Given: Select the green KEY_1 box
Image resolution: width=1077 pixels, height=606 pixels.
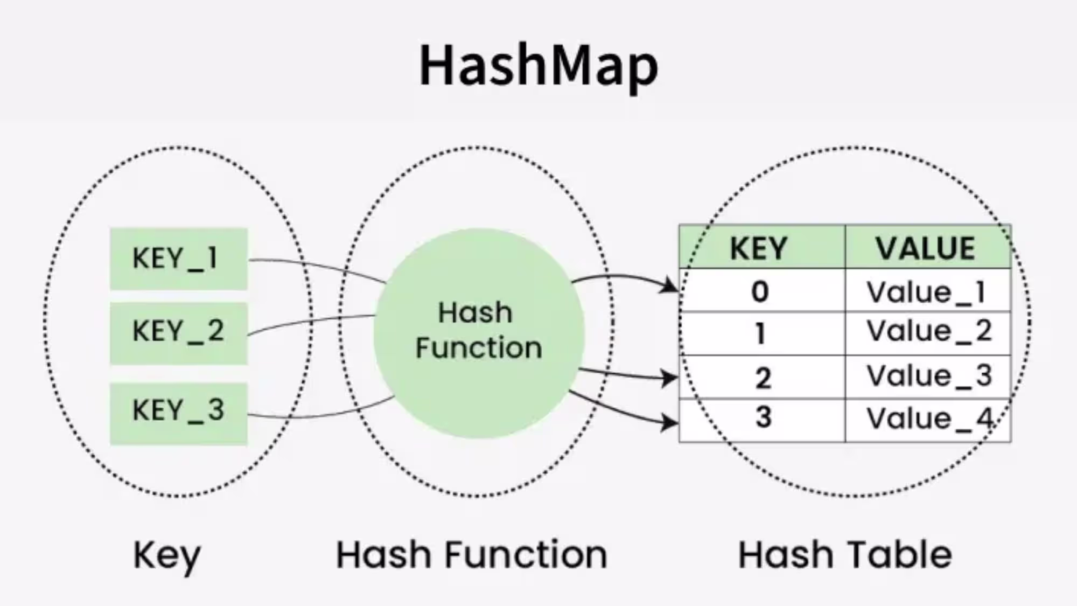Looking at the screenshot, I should point(178,259).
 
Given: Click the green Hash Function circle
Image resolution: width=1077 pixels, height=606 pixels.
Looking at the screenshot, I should point(479,333).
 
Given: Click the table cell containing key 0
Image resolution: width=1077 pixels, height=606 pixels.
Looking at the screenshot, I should point(761,291).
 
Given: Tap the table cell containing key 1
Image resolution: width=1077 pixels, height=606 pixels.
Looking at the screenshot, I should point(761,333).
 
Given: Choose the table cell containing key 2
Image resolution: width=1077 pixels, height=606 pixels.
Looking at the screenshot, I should point(761,377).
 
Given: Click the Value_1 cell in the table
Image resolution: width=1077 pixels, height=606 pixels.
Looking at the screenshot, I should point(927,291).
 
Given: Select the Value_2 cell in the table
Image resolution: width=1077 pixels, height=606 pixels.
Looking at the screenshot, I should point(927,333).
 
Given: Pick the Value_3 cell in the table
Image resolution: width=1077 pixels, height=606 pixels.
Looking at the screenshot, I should point(927,377).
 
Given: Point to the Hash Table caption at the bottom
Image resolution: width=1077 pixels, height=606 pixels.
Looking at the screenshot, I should point(845,555).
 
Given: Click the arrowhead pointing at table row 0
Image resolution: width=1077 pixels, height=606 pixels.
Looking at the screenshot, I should point(670,285).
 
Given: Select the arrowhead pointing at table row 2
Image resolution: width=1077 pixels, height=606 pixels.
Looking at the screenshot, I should point(670,378).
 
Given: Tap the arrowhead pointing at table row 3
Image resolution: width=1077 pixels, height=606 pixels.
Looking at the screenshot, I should point(670,422).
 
